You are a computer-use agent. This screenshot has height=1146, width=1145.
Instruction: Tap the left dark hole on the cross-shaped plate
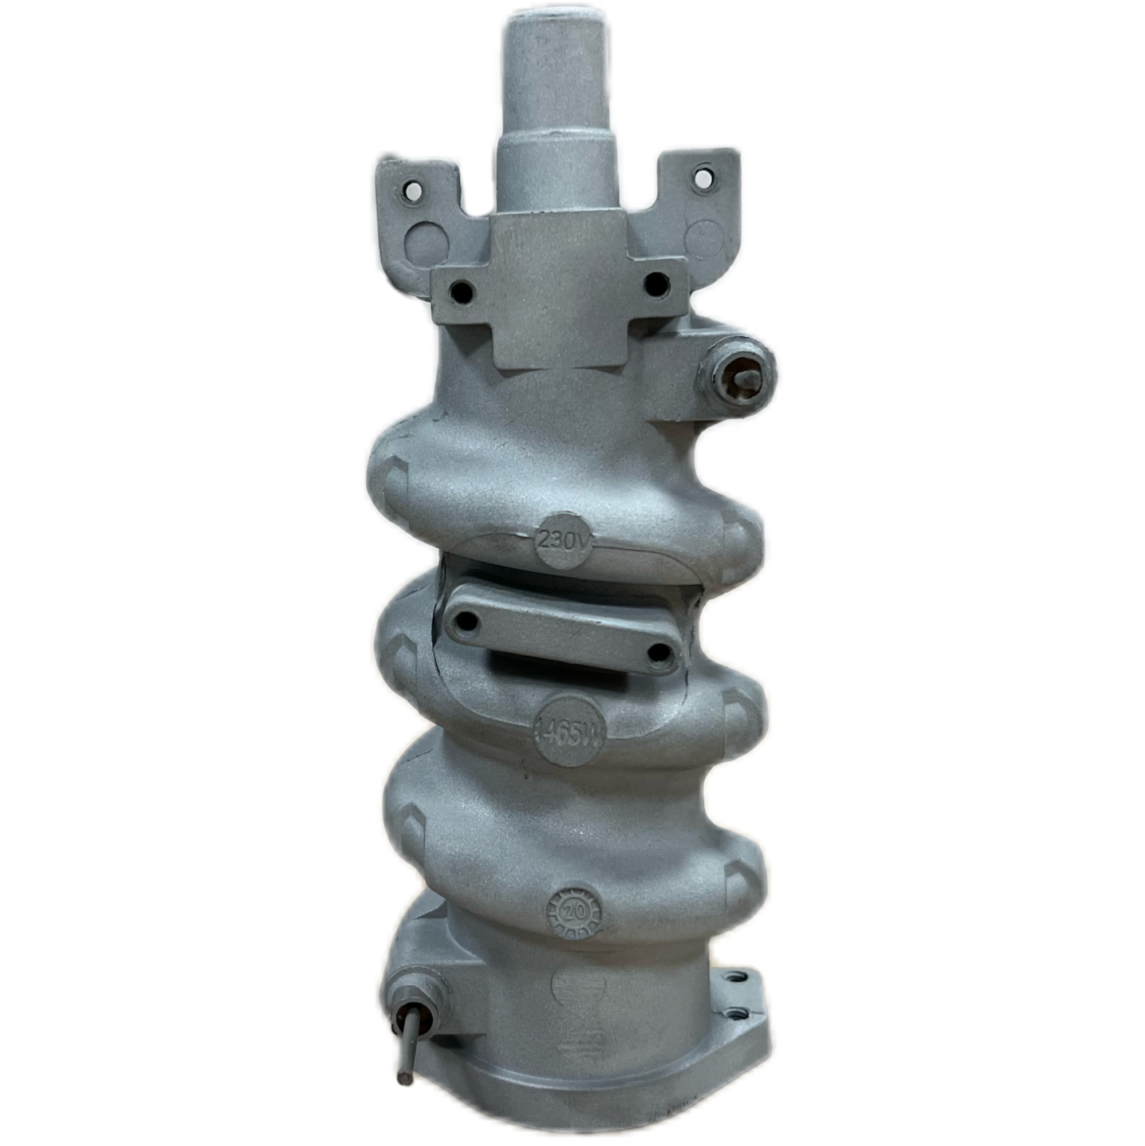(462, 291)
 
